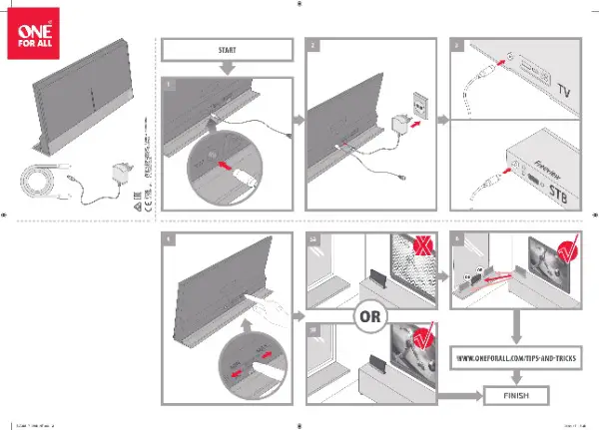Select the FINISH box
tap(516, 396)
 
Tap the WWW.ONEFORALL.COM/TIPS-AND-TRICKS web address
tap(516, 357)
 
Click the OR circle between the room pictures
tap(368, 318)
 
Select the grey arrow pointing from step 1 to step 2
tap(298, 120)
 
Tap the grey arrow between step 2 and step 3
tap(444, 121)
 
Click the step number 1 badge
tap(170, 85)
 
